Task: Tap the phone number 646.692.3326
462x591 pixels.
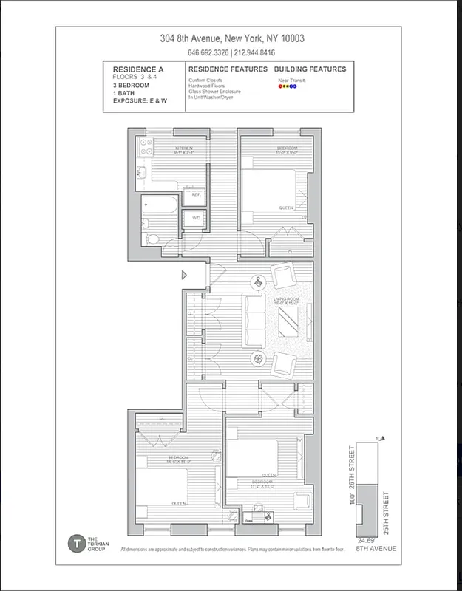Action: tap(208, 53)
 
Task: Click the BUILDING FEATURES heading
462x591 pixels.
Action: tap(310, 69)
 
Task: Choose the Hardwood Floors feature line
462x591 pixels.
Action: tap(205, 86)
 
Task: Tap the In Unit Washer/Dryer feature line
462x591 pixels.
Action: tap(211, 98)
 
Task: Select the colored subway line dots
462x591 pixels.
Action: tap(287, 86)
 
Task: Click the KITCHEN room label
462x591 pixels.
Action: tap(183, 148)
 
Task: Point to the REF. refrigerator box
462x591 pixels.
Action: tap(196, 195)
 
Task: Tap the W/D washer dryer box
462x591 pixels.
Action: tap(196, 219)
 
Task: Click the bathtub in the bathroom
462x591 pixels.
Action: tap(159, 205)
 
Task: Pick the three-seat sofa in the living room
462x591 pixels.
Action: tap(255, 321)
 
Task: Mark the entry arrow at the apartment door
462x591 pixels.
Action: tap(186, 275)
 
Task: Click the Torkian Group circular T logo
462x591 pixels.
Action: tap(75, 543)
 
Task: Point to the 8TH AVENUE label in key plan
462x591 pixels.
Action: tap(375, 549)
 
